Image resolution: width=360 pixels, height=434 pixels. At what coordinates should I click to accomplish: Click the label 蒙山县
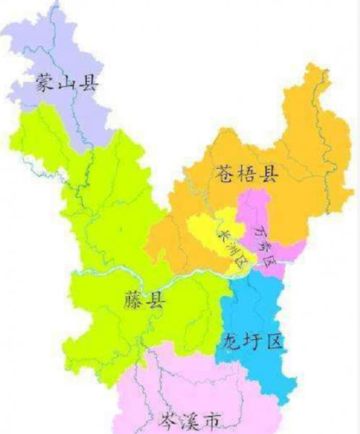(x=66, y=84)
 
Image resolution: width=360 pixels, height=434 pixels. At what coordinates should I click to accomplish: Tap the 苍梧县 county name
(x=247, y=173)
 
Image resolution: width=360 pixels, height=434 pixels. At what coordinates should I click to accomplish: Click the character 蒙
(x=46, y=84)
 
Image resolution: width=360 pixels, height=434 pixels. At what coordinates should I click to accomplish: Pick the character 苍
(x=225, y=173)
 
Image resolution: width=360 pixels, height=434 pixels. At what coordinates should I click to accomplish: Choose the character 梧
(x=247, y=173)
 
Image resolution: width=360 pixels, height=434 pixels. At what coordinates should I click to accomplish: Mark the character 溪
(x=190, y=420)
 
